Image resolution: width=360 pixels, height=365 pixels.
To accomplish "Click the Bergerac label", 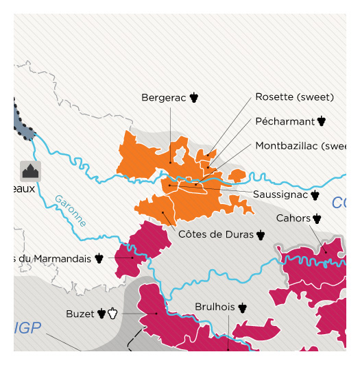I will pos(164,98).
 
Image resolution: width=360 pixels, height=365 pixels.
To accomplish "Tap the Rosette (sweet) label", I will pos(294,97).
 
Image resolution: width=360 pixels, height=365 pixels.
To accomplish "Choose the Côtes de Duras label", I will pos(215,235).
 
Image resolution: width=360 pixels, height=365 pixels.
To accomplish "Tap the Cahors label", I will pos(293,218).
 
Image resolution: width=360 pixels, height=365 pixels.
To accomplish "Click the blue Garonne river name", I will pos(71,211).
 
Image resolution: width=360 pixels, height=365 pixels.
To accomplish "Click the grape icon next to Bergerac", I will pos(194,98).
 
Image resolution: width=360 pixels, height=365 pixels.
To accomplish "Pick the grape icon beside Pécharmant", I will pos(322,122).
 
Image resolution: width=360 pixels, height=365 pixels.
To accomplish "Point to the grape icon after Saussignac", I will pos(315,195).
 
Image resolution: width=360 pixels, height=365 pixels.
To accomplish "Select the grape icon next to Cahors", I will pos(317,218).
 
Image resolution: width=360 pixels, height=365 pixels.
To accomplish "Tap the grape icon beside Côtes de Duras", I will pos(261,235).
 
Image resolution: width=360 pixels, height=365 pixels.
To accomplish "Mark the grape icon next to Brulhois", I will pos(242,307).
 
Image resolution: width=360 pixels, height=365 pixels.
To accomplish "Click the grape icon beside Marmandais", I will pos(99,258).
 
